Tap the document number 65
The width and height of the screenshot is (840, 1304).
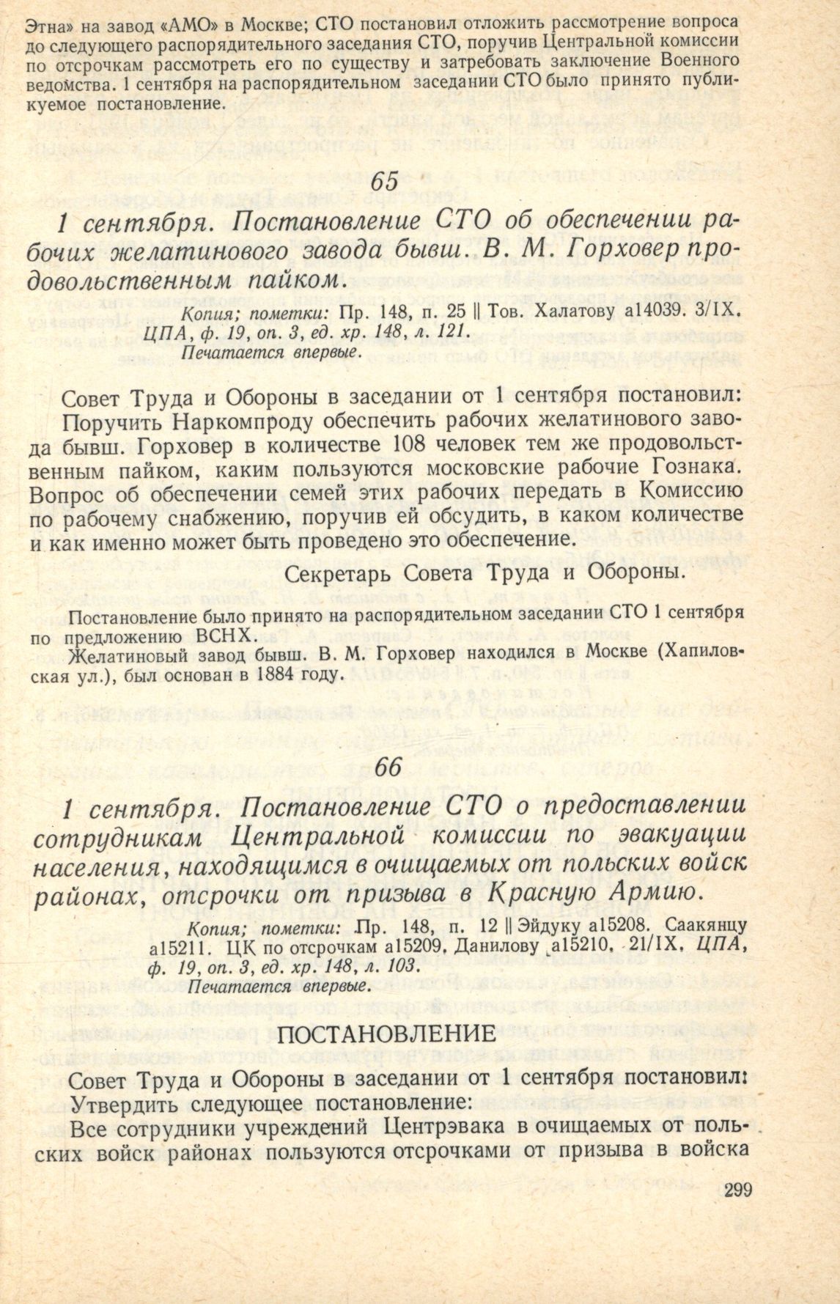(x=387, y=180)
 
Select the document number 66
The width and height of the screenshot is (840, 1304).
(x=388, y=767)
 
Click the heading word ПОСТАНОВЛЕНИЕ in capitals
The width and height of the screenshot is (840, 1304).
(x=389, y=1034)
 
